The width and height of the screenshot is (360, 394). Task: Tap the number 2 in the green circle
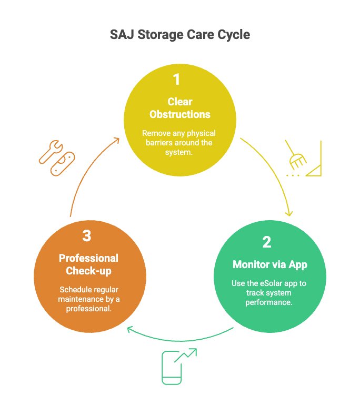point(266,242)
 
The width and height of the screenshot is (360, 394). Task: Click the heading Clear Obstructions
point(180,108)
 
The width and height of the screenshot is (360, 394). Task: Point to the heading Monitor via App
point(269,264)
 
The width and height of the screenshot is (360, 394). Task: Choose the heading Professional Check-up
point(88,264)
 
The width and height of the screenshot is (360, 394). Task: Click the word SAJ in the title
point(123,35)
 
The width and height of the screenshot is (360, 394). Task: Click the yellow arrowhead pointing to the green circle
point(288,213)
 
